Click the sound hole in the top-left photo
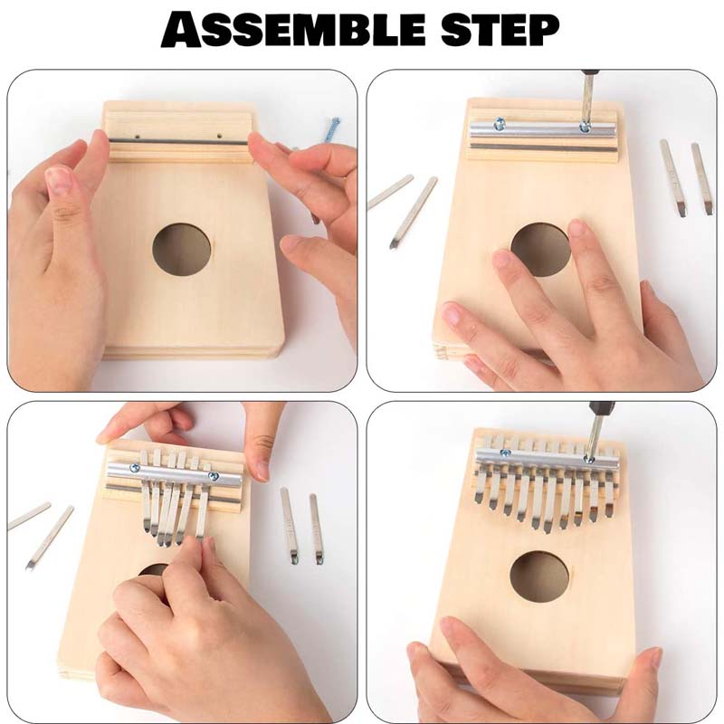point(181,250)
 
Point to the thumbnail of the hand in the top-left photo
point(59,181)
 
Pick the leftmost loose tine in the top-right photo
point(390,192)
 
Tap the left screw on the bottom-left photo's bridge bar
point(136,468)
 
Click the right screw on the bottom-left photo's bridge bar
point(214,472)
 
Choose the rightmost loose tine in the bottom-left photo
point(316,529)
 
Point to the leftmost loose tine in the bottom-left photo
point(30,516)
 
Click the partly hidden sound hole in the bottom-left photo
point(155,569)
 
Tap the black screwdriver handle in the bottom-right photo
point(603,410)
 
